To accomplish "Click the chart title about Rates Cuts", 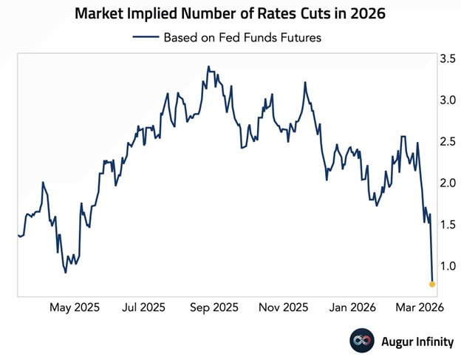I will point(230,13).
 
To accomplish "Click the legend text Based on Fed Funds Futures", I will point(242,38).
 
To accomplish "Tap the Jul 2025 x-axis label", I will point(143,307).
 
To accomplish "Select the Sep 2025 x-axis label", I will point(214,307).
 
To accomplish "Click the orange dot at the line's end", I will point(432,283).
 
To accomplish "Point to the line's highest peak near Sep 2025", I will point(209,67).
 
